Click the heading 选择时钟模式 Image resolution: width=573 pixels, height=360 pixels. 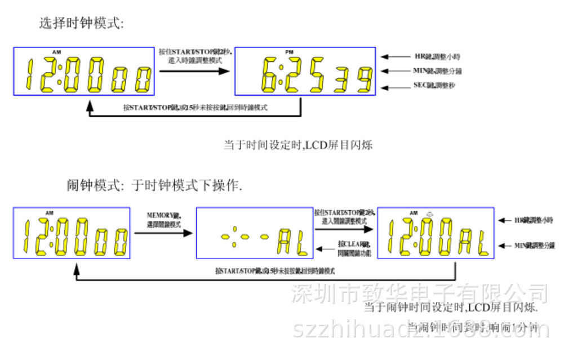[81, 23]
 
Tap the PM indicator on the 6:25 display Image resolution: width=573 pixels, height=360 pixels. [289, 52]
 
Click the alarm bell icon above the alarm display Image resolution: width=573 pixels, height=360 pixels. [430, 213]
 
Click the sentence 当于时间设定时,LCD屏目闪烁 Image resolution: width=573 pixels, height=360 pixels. [298, 145]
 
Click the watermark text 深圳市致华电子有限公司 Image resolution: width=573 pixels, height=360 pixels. [419, 293]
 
